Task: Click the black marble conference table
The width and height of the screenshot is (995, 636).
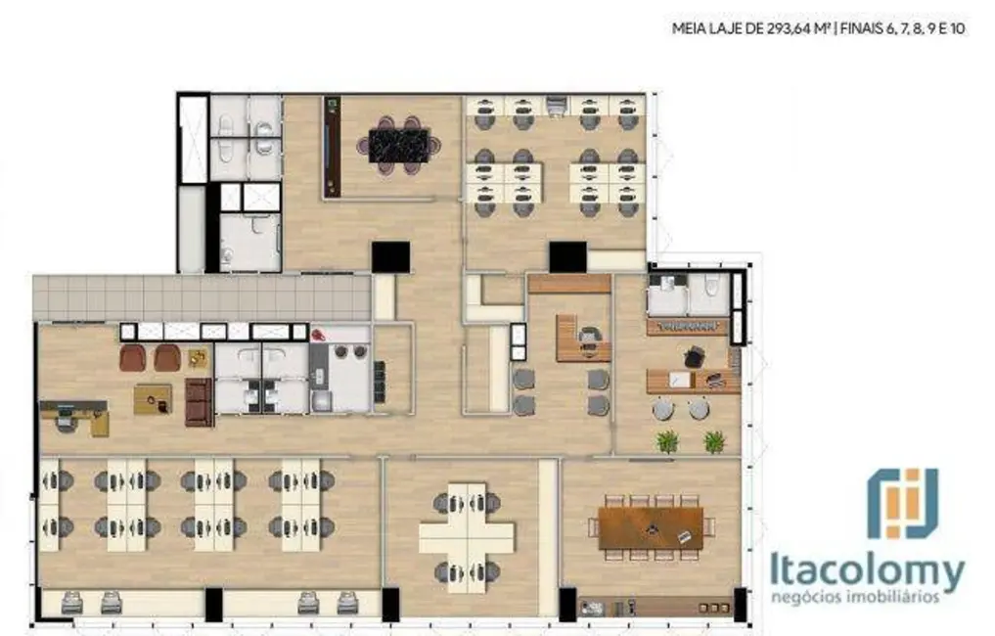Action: (x=398, y=145)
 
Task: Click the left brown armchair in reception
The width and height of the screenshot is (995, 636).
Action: (x=133, y=358)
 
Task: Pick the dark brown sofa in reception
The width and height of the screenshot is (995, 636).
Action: (x=199, y=402)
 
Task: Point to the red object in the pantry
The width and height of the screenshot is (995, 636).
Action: (x=318, y=335)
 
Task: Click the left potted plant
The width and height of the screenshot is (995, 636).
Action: (x=667, y=441)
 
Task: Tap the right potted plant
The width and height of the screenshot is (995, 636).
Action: (x=714, y=441)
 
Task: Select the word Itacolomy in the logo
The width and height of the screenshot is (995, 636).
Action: (x=867, y=570)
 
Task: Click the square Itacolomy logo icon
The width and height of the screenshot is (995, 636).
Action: (x=902, y=503)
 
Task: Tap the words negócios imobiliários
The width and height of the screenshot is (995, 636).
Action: (x=856, y=596)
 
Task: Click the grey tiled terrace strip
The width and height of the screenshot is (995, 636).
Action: (x=202, y=296)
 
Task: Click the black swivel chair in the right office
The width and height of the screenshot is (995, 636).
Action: (x=694, y=357)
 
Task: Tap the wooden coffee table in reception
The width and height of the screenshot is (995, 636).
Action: (x=153, y=398)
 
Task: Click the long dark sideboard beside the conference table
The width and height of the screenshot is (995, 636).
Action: (x=333, y=147)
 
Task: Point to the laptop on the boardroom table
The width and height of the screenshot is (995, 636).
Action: (x=683, y=536)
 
